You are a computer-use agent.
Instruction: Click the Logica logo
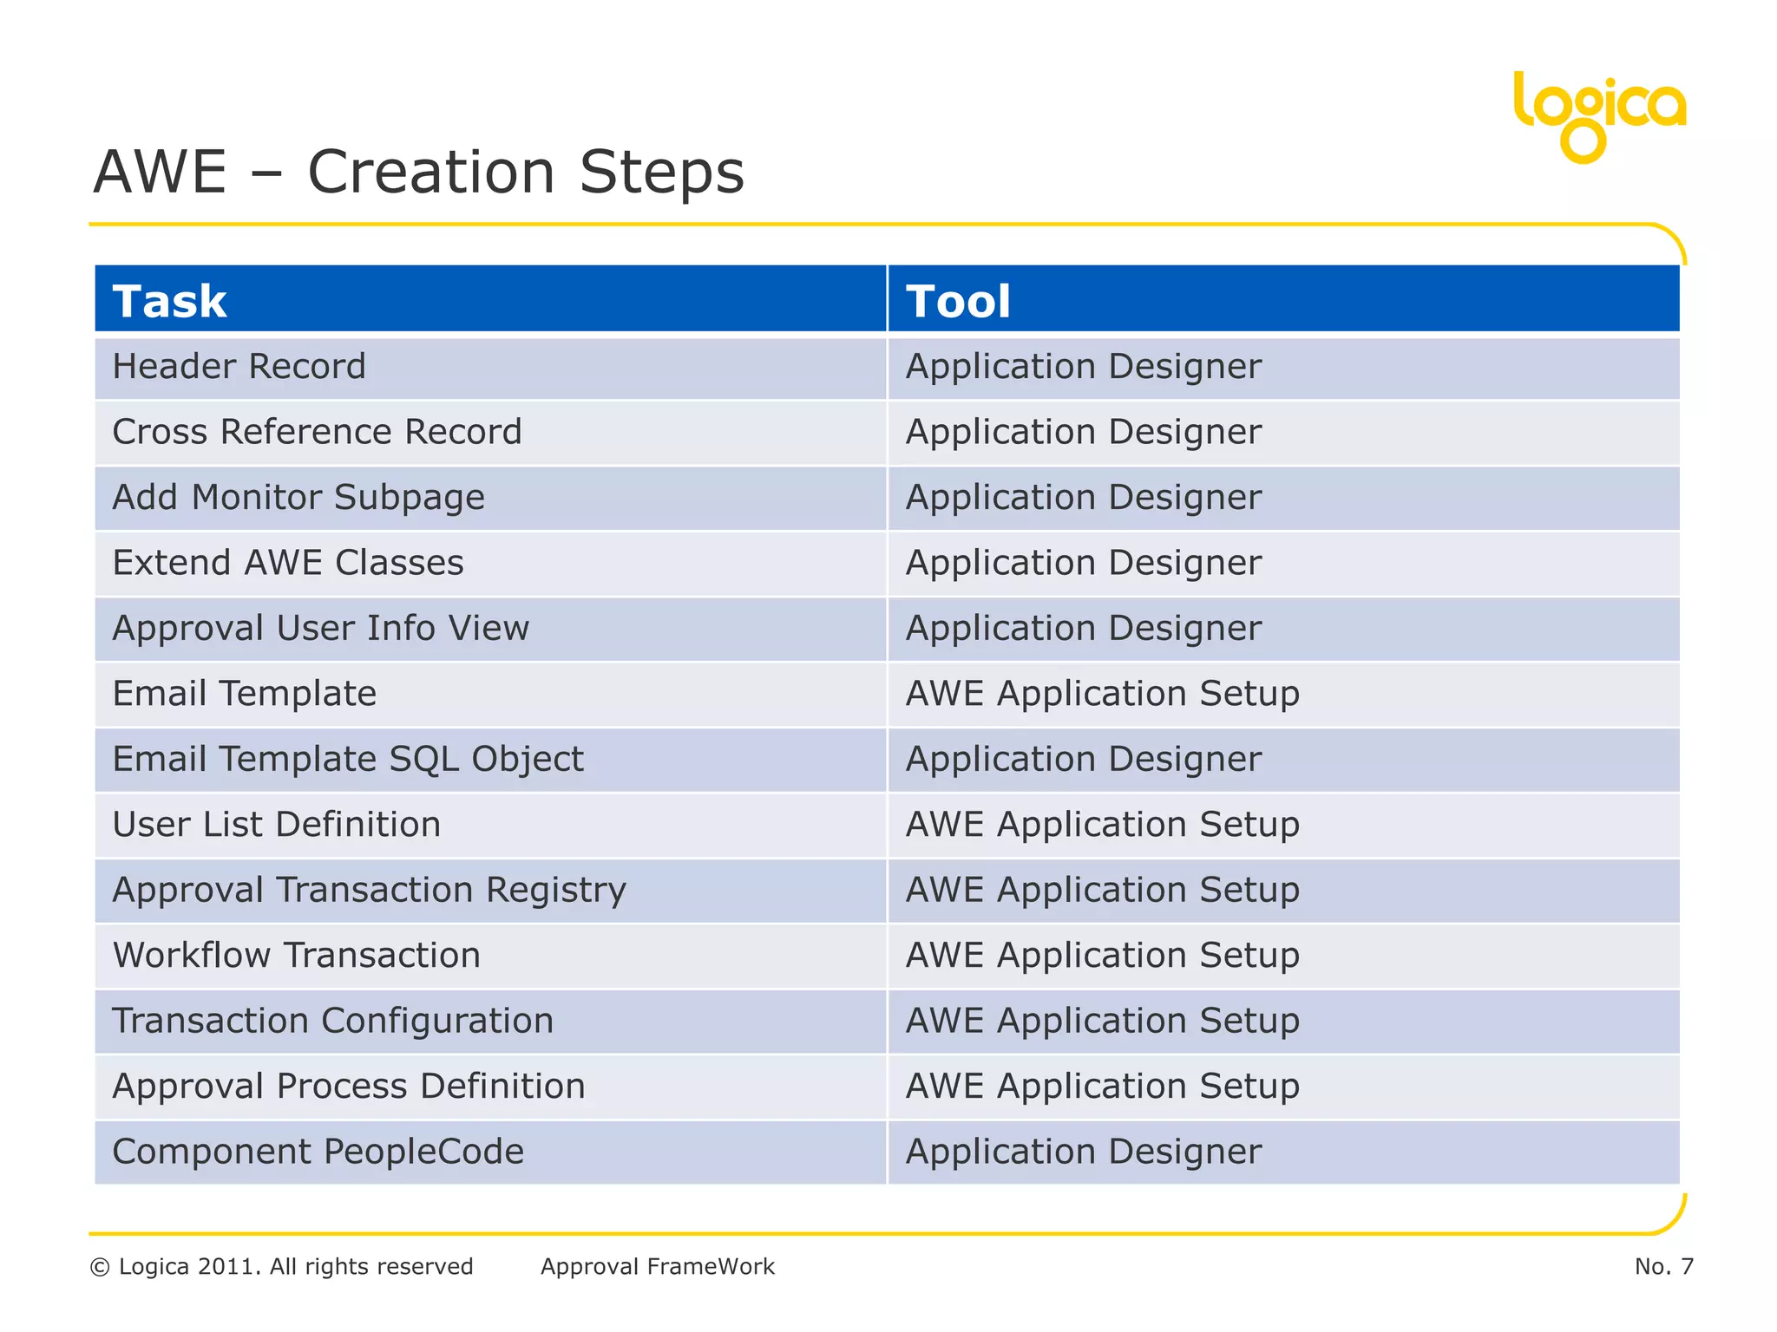coord(1598,114)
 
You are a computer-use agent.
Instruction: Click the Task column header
coord(170,302)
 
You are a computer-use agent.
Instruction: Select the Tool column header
coord(958,302)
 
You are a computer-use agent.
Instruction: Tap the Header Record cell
coord(239,367)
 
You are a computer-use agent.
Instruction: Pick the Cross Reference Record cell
coord(318,432)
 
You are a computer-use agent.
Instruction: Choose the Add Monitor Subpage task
coord(298,498)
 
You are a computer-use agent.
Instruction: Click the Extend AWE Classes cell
coord(288,563)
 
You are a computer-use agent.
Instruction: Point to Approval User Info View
coord(321,628)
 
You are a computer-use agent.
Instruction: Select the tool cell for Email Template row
coord(1102,694)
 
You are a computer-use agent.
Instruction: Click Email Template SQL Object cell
coord(348,759)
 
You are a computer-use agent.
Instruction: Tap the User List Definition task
coord(277,825)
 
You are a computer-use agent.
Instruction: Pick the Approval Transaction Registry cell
coord(370,890)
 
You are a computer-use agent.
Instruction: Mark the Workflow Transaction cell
coord(297,956)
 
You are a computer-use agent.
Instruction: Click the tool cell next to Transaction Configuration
coord(1102,1021)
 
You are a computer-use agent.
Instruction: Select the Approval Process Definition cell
coord(349,1087)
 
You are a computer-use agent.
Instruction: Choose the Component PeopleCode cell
coord(318,1152)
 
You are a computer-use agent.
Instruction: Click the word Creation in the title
coord(431,172)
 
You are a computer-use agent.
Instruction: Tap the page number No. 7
coord(1663,1267)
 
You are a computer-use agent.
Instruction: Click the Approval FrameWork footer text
coord(658,1267)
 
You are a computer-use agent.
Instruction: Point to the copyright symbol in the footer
coord(100,1268)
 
